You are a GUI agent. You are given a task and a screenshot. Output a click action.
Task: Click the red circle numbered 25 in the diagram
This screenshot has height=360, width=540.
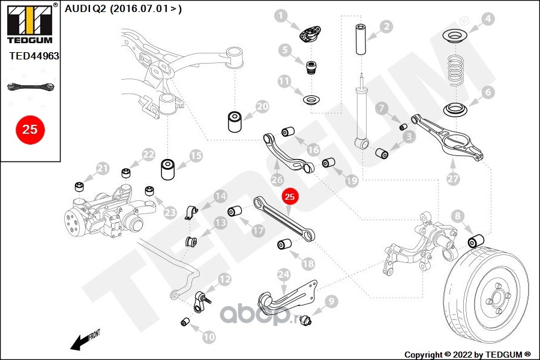click(290, 196)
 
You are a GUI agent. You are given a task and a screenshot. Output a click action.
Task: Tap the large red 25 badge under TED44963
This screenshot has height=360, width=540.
click(30, 130)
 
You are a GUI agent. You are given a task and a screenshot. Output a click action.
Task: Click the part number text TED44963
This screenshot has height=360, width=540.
click(34, 56)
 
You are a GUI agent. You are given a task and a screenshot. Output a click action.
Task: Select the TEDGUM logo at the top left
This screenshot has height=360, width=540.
click(30, 23)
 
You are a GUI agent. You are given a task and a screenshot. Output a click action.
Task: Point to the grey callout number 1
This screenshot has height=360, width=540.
click(281, 16)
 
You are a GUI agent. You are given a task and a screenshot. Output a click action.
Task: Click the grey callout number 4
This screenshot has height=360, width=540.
click(488, 19)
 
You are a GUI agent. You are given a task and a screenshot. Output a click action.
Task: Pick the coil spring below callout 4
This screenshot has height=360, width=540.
click(457, 71)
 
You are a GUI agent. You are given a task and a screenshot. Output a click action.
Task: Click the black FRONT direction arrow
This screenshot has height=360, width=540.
click(85, 340)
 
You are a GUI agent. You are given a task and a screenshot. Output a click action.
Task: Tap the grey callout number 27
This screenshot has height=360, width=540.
click(453, 178)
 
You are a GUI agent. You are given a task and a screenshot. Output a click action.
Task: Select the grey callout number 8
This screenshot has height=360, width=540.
click(457, 216)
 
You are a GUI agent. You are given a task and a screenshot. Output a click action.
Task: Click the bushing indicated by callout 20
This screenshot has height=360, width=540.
click(235, 121)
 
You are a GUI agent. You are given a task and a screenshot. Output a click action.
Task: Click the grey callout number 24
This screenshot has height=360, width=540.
click(284, 275)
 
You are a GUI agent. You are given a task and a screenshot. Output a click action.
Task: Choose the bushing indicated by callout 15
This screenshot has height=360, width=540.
click(168, 169)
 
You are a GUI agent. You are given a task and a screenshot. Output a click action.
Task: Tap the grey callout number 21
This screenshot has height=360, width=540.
click(102, 169)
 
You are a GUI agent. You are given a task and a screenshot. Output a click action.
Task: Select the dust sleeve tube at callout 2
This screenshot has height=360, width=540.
click(361, 39)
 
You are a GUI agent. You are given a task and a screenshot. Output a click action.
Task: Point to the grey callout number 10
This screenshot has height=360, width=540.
click(209, 337)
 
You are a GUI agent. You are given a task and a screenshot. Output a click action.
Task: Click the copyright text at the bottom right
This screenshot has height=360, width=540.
click(467, 355)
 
